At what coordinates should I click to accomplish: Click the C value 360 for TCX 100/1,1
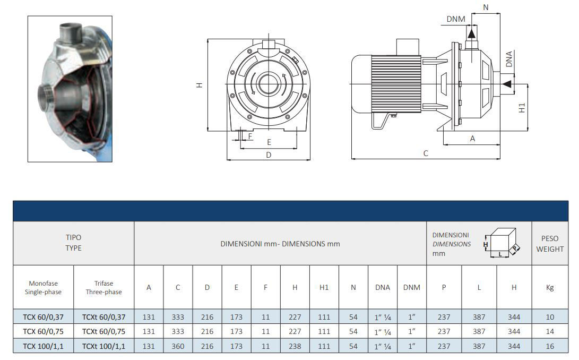pyautogui.click(x=178, y=346)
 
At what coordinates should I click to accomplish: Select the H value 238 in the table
pyautogui.click(x=295, y=346)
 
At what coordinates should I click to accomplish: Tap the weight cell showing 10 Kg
pyautogui.click(x=549, y=317)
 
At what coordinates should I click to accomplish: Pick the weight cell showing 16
pyautogui.click(x=549, y=346)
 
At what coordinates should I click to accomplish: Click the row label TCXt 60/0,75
pyautogui.click(x=103, y=331)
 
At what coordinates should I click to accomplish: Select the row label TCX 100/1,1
pyautogui.click(x=44, y=346)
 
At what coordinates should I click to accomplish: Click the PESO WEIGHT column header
pyautogui.click(x=549, y=244)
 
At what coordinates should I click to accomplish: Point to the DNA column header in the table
pyautogui.click(x=382, y=287)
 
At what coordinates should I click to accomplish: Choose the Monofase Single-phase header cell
pyautogui.click(x=44, y=287)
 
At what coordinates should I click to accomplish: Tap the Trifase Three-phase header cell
pyautogui.click(x=103, y=287)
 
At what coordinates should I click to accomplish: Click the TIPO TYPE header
pyautogui.click(x=73, y=243)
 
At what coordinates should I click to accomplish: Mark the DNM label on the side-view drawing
pyautogui.click(x=455, y=19)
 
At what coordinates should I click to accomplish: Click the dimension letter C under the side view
pyautogui.click(x=426, y=153)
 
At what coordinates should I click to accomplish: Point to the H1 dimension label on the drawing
pyautogui.click(x=522, y=107)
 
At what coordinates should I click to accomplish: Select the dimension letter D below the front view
pyautogui.click(x=269, y=155)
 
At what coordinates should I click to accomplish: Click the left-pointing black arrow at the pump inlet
pyautogui.click(x=507, y=84)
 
